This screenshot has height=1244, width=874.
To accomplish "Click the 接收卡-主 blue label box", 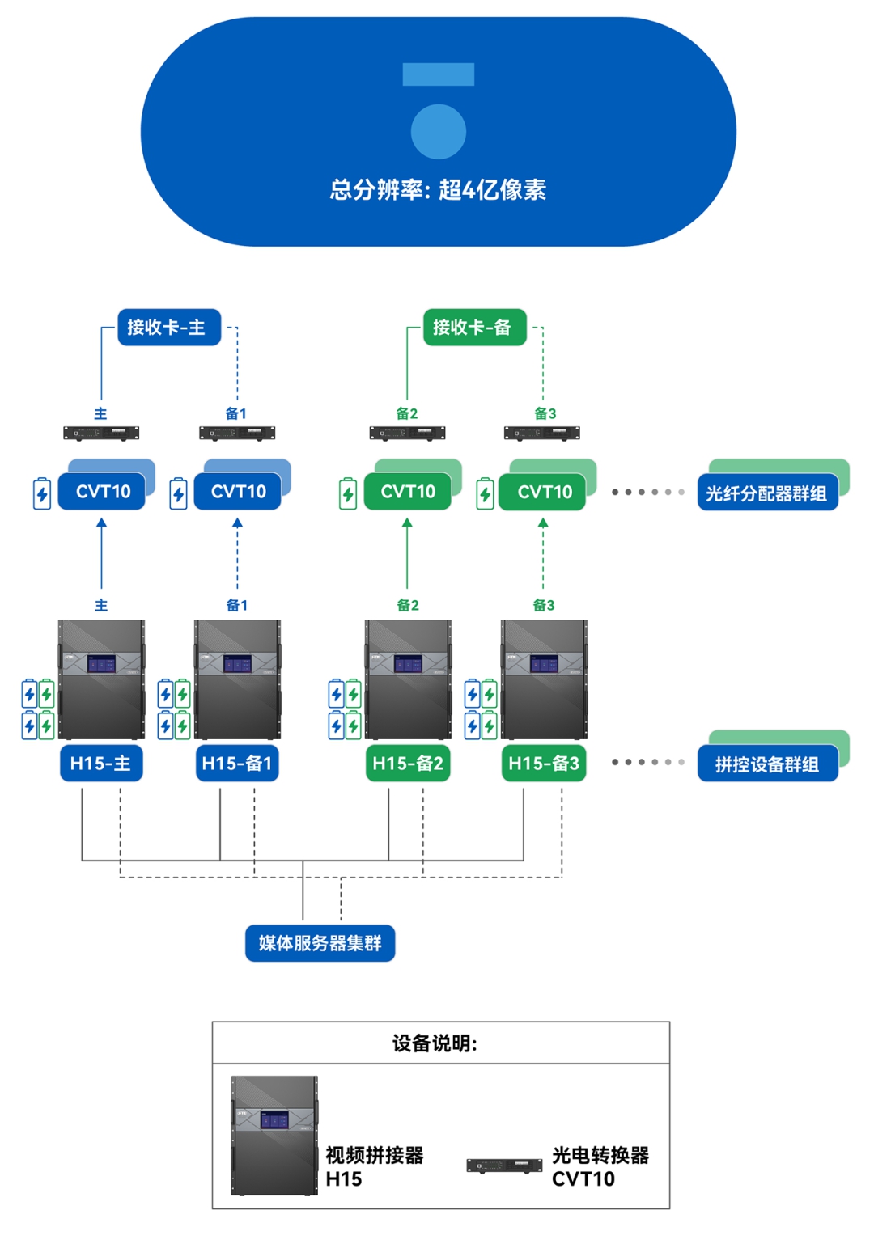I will [169, 328].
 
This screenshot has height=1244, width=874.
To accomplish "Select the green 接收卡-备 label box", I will [474, 328].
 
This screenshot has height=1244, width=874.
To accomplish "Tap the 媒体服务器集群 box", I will [320, 943].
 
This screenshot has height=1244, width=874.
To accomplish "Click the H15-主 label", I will [101, 764].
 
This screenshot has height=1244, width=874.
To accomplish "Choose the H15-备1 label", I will [237, 764].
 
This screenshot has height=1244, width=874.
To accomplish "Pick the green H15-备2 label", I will [407, 764].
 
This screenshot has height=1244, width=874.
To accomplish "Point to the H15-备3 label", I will [543, 764].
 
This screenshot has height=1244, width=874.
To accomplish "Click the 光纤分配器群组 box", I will [766, 493].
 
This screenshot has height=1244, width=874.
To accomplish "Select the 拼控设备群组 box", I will [766, 764].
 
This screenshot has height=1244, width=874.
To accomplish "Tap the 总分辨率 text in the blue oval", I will [438, 190].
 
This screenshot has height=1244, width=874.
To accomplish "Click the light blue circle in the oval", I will [438, 132].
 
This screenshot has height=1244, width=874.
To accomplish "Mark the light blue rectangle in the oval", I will [438, 74].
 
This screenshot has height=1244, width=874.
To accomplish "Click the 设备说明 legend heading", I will [435, 1043].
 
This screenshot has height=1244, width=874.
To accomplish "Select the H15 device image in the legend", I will [274, 1136].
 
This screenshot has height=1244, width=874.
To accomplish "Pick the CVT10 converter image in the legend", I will [504, 1166].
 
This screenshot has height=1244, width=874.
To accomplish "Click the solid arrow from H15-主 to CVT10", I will [101, 554].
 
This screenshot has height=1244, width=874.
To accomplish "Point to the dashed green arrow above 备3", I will [543, 554].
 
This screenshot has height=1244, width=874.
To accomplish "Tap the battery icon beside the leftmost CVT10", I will [42, 493].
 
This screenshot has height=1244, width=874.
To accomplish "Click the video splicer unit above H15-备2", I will [408, 679].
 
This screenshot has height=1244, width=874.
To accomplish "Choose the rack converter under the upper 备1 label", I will [237, 434].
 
